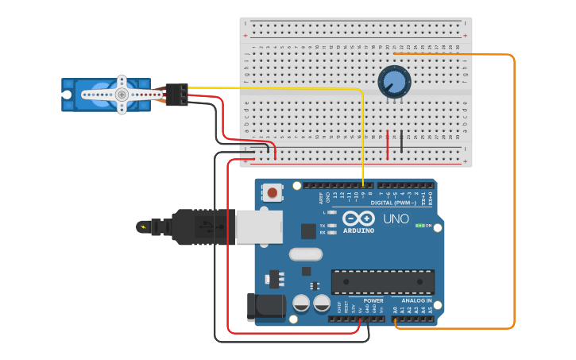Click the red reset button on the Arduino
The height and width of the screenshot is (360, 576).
tap(273, 192)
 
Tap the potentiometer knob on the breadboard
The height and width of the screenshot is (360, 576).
tap(393, 82)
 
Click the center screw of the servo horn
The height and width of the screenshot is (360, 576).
tap(122, 95)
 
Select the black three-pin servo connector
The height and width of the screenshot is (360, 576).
tap(177, 94)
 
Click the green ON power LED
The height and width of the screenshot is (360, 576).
tap(419, 226)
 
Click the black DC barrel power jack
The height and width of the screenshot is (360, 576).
tap(261, 308)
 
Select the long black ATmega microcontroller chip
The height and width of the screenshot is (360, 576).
tap(383, 281)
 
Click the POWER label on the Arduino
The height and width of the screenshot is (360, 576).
tap(373, 301)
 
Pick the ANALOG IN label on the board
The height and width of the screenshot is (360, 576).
tap(417, 301)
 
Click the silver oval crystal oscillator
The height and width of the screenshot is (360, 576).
tap(305, 254)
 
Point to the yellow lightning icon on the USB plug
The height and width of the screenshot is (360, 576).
tap(144, 227)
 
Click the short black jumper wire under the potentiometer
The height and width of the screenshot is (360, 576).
tap(401, 141)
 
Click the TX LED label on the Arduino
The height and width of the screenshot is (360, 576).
tap(323, 226)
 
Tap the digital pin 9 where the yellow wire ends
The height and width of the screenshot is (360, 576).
tap(363, 186)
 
